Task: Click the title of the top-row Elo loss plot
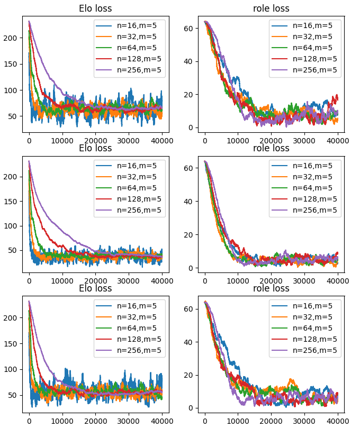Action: (95, 8)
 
